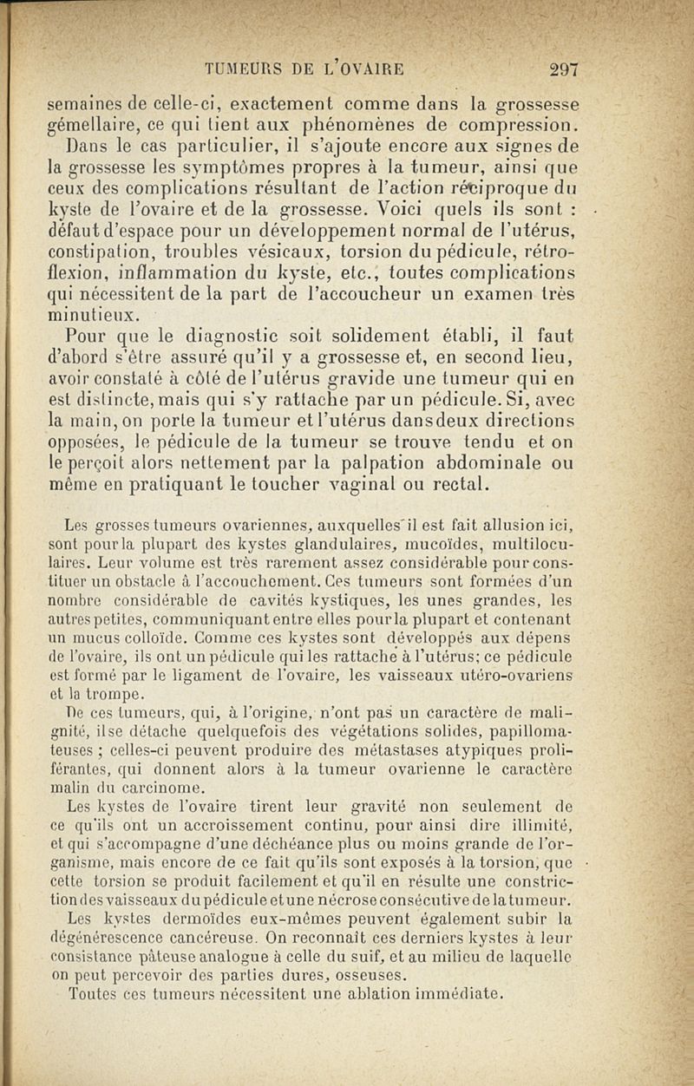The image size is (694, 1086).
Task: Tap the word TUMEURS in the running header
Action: click(243, 70)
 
